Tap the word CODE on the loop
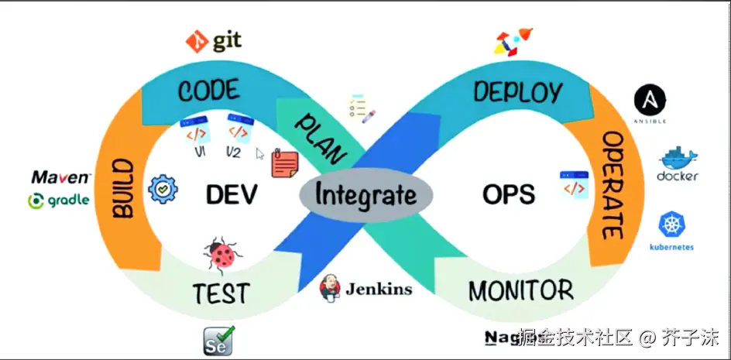(208, 90)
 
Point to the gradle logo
(59, 201)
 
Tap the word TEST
(221, 293)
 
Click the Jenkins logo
(365, 288)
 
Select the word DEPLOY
(517, 92)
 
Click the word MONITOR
(520, 291)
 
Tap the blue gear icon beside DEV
(163, 188)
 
